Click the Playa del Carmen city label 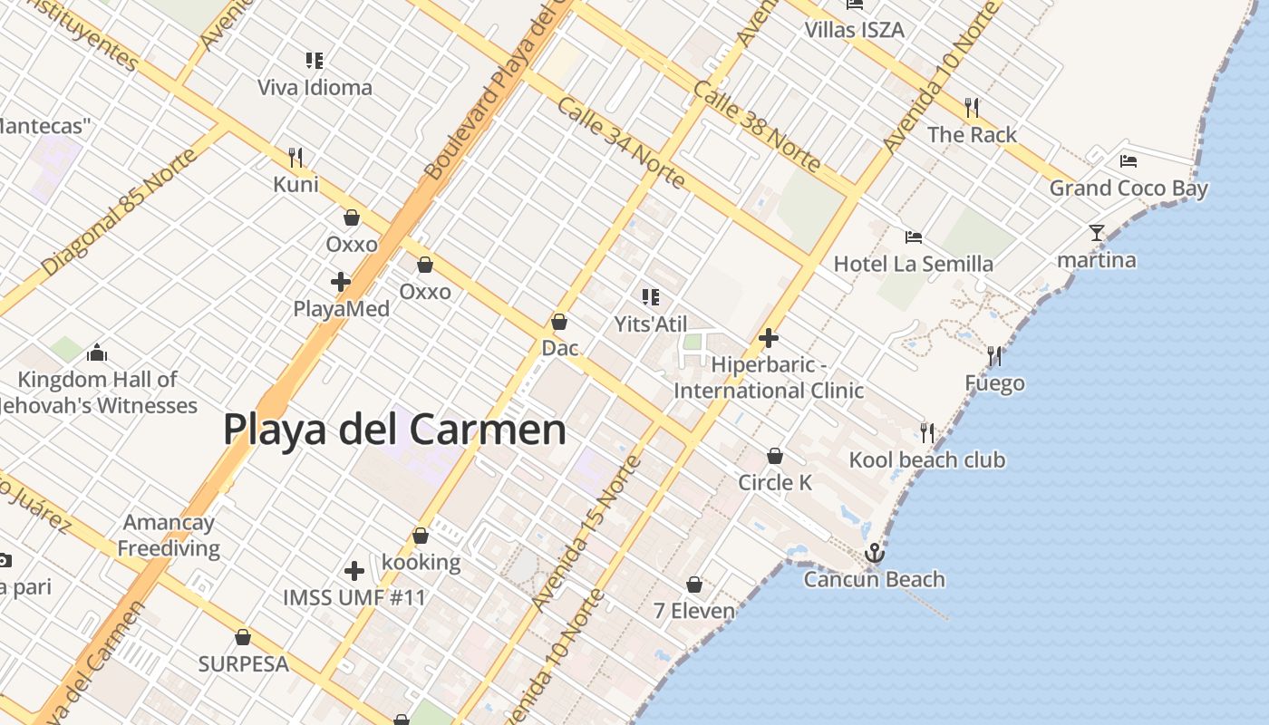[394, 430]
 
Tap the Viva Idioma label [315, 88]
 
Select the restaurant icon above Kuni [295, 158]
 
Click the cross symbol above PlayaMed [341, 282]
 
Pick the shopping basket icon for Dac [559, 322]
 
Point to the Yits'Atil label [651, 324]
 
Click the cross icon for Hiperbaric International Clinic [769, 339]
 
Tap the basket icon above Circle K [775, 456]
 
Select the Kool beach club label [926, 460]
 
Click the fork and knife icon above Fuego [994, 355]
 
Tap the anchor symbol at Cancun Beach [875, 552]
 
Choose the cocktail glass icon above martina [1097, 233]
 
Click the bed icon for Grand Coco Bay [1129, 161]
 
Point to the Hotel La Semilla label [913, 265]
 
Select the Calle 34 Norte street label [621, 142]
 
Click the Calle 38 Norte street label [757, 126]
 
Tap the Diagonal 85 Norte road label [119, 212]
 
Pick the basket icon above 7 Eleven [694, 585]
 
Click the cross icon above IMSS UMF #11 [354, 571]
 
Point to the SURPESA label [243, 664]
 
